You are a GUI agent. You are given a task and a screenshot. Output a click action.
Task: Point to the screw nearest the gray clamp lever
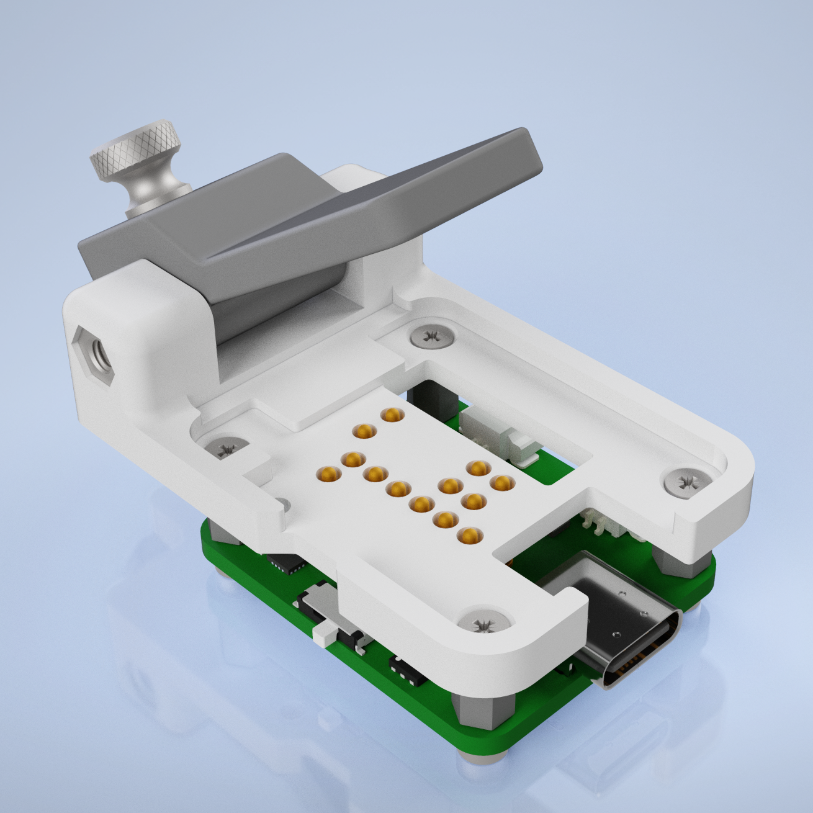click(x=430, y=336)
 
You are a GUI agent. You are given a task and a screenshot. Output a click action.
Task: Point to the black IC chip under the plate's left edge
click(x=287, y=563)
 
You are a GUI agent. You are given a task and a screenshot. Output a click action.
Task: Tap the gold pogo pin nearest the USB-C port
click(x=469, y=535)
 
